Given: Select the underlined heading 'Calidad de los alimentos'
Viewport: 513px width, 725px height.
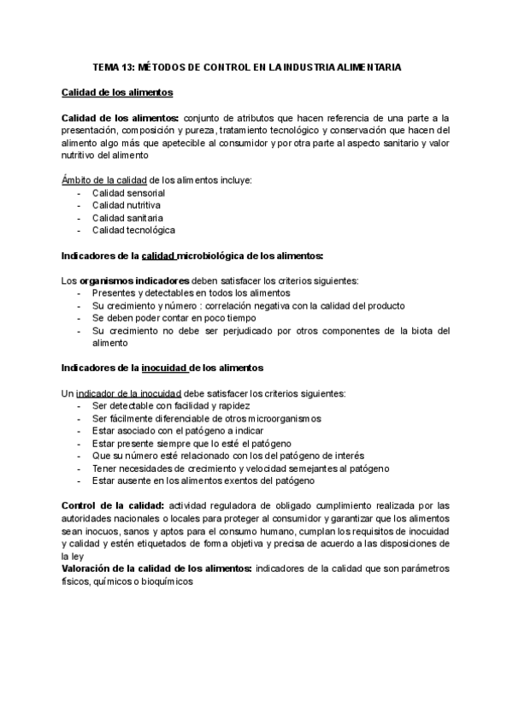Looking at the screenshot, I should [117, 92].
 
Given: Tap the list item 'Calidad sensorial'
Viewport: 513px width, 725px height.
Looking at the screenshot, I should [128, 193].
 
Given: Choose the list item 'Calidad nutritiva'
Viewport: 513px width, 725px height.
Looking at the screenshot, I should [127, 205].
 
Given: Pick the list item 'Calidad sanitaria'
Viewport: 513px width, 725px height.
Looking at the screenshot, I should [127, 218].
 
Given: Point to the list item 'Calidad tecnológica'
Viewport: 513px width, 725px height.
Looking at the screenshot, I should [133, 230].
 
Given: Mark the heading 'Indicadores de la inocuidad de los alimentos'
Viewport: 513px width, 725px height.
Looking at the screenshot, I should [162, 368].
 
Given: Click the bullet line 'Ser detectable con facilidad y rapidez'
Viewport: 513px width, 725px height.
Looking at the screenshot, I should [171, 405].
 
